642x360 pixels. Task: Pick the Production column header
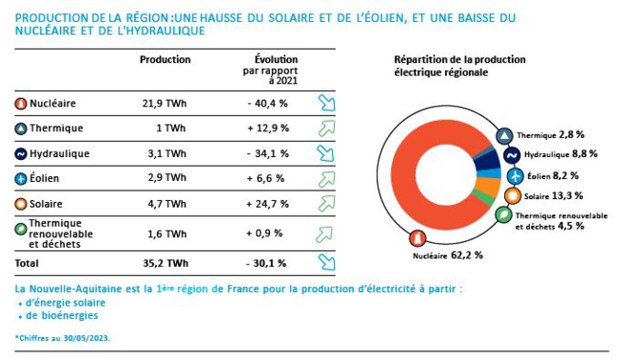tap(165, 59)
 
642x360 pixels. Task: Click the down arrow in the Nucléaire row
tap(326, 102)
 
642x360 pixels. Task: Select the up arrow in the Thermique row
tap(326, 128)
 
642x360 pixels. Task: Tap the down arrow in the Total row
tap(326, 262)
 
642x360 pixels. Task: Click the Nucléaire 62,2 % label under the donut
tap(448, 256)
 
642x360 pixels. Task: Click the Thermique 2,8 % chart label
tap(554, 135)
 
